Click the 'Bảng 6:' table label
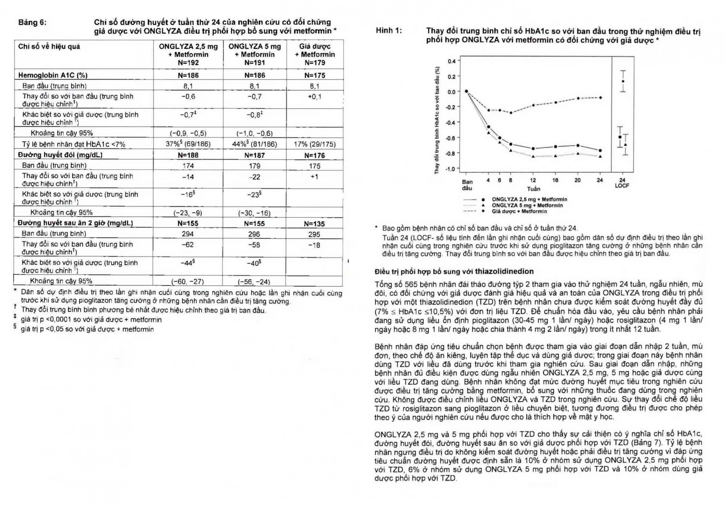[x=32, y=22]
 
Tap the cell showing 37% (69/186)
[x=188, y=144]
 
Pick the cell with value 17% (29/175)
[x=315, y=145]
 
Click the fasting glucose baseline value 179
[x=255, y=166]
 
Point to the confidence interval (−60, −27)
[x=187, y=282]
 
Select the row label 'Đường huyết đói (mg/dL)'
[x=60, y=155]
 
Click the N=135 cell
[x=314, y=224]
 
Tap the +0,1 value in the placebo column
[x=315, y=97]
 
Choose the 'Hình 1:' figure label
[x=389, y=31]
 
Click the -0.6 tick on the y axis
[x=451, y=138]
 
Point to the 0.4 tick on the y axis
[x=452, y=61]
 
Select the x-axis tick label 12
[x=533, y=180]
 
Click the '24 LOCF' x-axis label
[x=622, y=183]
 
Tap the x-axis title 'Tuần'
[x=533, y=189]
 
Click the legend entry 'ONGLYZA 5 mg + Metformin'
[x=527, y=205]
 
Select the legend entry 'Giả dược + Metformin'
[x=519, y=211]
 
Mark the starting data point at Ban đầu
[x=467, y=91]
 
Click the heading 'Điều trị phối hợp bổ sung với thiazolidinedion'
[x=454, y=271]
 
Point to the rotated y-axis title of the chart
[x=437, y=120]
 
